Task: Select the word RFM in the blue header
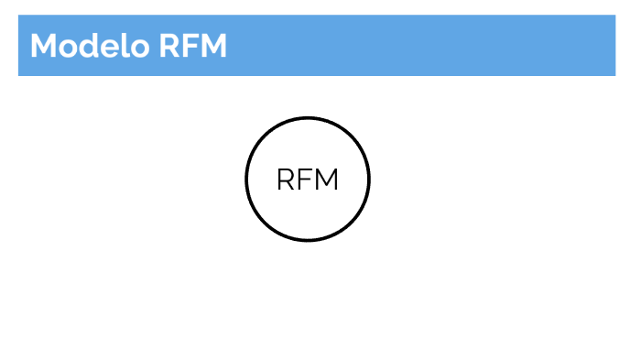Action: (192, 46)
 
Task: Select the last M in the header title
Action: (212, 46)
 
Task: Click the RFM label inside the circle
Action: (308, 180)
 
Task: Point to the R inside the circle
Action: (286, 180)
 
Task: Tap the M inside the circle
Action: (327, 180)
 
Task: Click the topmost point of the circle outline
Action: (308, 118)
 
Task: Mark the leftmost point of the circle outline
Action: (246, 180)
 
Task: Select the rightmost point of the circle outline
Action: (369, 180)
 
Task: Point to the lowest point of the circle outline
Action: (308, 240)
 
